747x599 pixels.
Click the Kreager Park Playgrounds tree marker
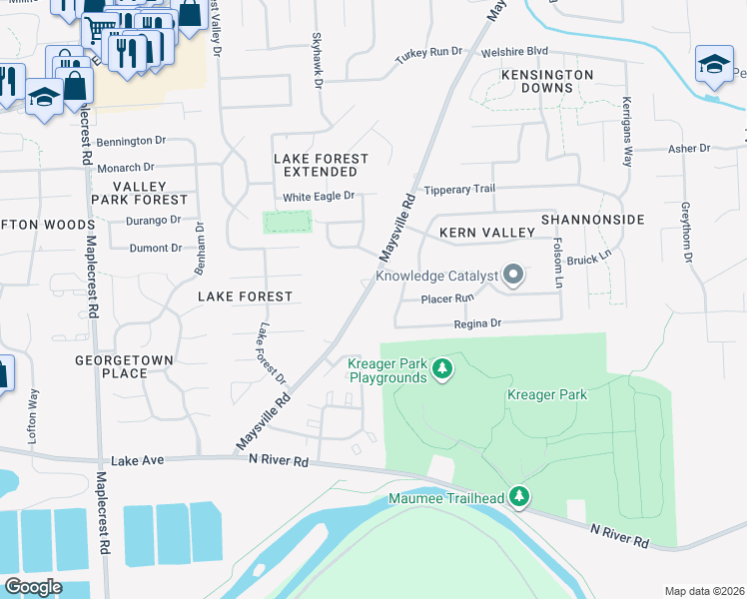pyautogui.click(x=442, y=371)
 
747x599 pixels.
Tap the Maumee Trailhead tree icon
pyautogui.click(x=518, y=495)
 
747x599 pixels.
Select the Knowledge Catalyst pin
pyautogui.click(x=513, y=274)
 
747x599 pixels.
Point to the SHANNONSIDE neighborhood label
pyautogui.click(x=593, y=219)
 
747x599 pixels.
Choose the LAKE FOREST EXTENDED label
pyautogui.click(x=321, y=166)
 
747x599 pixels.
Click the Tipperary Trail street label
pyautogui.click(x=459, y=190)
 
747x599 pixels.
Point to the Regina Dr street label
pyautogui.click(x=476, y=323)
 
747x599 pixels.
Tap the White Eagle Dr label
pyautogui.click(x=319, y=197)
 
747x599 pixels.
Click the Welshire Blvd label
pyautogui.click(x=515, y=51)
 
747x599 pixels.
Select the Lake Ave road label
pyautogui.click(x=136, y=460)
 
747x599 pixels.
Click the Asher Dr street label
pyautogui.click(x=688, y=149)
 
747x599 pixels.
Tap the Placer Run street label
pyautogui.click(x=446, y=299)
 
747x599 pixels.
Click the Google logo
pyautogui.click(x=33, y=587)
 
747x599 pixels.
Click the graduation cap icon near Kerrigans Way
pyautogui.click(x=714, y=65)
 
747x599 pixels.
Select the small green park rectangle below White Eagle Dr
pyautogui.click(x=287, y=222)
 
